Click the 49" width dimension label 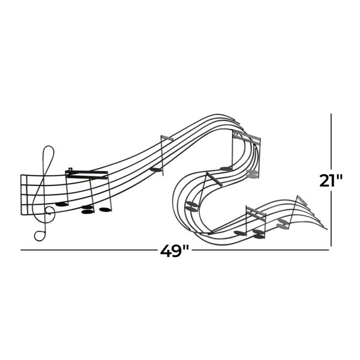point(175,251)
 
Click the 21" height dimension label point(331,181)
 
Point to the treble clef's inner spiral point(49,210)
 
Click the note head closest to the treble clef point(62,204)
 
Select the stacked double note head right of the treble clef point(88,209)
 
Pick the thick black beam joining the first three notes point(86,174)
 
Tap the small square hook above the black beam point(70,169)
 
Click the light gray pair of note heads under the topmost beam point(253,174)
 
